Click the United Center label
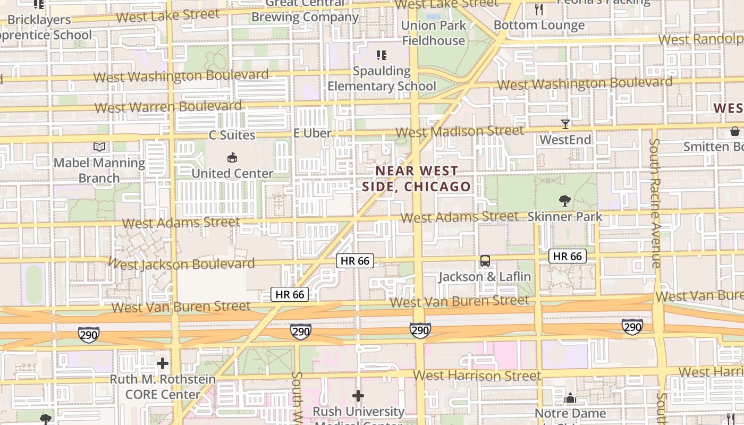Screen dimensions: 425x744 [232, 173]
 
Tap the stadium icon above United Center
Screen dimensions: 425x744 [232, 157]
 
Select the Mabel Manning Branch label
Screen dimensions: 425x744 [99, 170]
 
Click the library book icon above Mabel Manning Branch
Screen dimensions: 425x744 [99, 147]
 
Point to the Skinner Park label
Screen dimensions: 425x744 [565, 216]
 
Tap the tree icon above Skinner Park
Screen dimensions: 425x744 [565, 201]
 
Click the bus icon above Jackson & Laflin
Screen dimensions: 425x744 [485, 261]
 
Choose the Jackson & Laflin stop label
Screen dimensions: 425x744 [485, 276]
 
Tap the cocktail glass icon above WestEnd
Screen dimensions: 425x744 [565, 124]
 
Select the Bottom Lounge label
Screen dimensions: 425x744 [539, 25]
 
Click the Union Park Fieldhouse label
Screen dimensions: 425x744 [434, 33]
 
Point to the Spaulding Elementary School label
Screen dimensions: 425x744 [382, 78]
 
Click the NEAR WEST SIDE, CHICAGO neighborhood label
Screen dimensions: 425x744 [417, 178]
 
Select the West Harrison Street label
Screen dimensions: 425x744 [477, 376]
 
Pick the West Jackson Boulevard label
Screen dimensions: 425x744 [184, 263]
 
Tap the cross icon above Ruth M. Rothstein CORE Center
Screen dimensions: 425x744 [163, 364]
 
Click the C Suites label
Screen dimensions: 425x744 [232, 135]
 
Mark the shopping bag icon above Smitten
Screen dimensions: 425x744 [734, 131]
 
